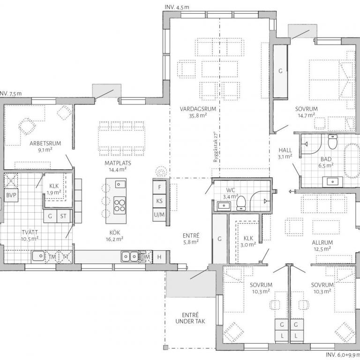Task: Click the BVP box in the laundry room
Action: (x=11, y=195)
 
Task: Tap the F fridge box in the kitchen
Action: (x=159, y=187)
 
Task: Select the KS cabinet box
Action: (x=159, y=201)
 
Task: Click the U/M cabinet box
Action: (x=159, y=215)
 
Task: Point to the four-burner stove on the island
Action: (x=120, y=205)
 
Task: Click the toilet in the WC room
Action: (x=241, y=202)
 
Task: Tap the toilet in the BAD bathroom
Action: (x=332, y=142)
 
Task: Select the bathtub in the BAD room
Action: (x=352, y=161)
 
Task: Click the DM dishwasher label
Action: (x=146, y=257)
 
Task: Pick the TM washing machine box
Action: (x=52, y=257)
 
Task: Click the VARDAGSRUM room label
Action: (x=198, y=109)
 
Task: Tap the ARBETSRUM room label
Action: (x=45, y=143)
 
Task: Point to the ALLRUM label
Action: (x=322, y=242)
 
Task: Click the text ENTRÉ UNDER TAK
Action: (x=190, y=318)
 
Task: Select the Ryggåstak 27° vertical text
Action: (x=215, y=147)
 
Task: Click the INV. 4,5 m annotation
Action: (x=177, y=7)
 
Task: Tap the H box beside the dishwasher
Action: (x=159, y=257)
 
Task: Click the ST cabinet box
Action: (x=63, y=216)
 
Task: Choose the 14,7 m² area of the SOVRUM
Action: (x=307, y=115)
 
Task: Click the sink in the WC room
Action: (x=224, y=205)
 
